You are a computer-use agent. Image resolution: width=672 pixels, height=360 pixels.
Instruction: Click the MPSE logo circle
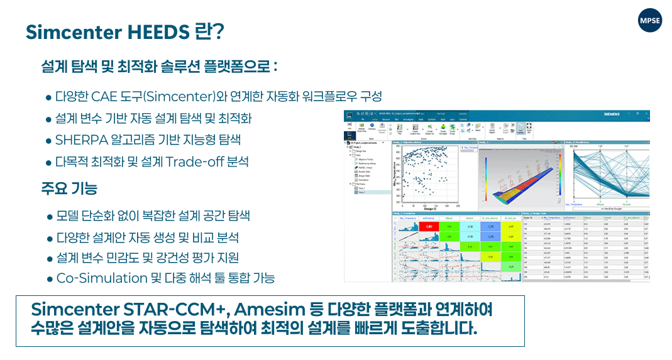(x=649, y=21)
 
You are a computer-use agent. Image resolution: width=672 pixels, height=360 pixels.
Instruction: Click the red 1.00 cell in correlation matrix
(x=428, y=226)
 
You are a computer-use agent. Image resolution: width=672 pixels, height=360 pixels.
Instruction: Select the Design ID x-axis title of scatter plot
(x=428, y=209)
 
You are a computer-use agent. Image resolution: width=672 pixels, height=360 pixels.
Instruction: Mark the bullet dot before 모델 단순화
(x=49, y=217)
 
